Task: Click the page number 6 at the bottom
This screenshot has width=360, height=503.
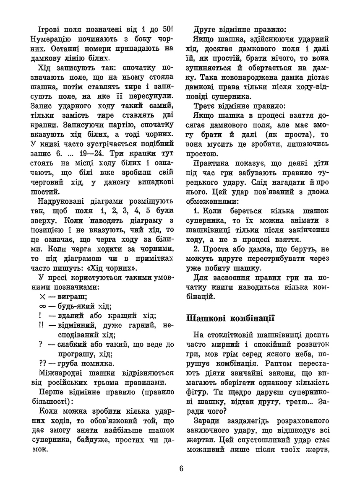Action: tap(181, 469)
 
